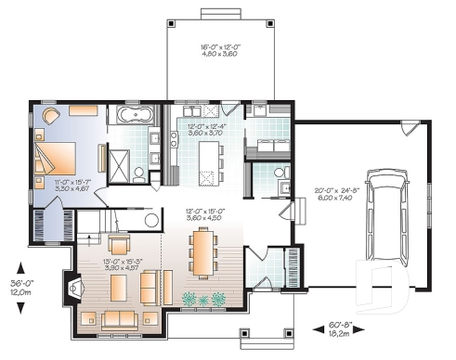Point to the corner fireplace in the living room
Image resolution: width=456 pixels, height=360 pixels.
coord(72,289)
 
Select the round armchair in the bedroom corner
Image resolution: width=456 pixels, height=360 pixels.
coord(49,114)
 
